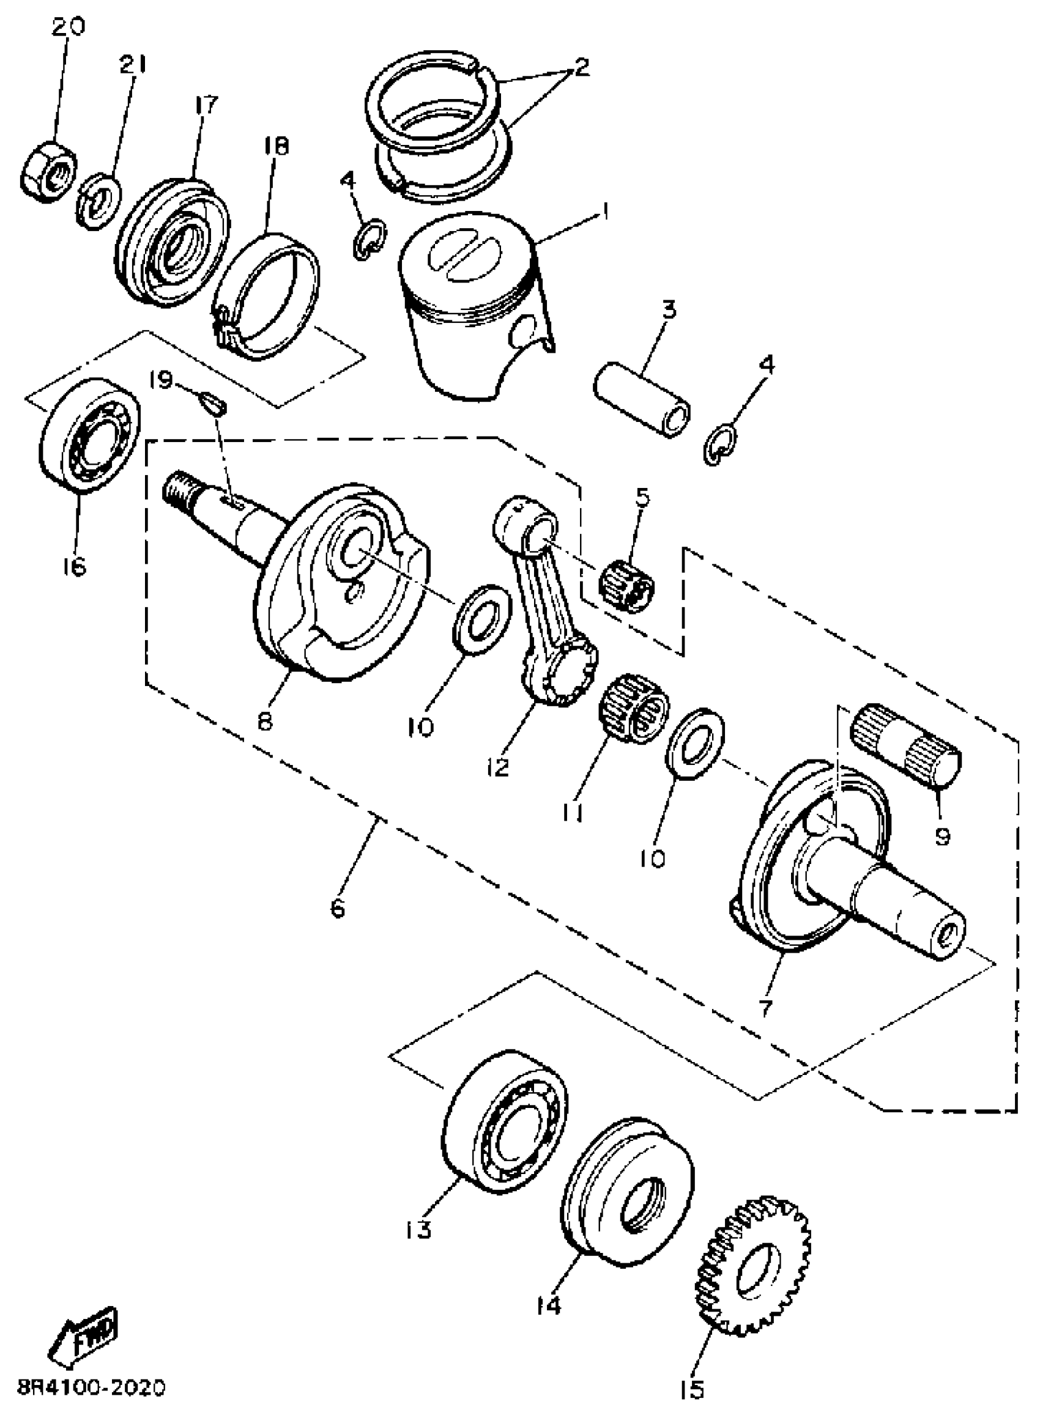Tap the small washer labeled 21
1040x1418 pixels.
99,201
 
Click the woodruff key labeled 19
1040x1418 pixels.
212,402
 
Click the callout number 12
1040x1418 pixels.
497,766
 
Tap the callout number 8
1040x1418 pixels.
265,721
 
